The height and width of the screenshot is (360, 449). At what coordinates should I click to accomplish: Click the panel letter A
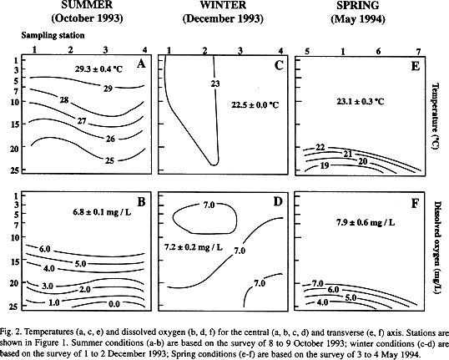pos(141,64)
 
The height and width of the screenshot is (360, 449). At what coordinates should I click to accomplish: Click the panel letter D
pos(278,202)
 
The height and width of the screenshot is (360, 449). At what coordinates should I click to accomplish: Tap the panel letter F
pos(415,204)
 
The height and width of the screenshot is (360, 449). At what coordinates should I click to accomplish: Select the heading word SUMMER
pos(87,5)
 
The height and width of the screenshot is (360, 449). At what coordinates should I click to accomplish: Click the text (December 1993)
pos(223,19)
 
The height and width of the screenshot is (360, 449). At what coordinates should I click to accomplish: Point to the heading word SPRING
pos(358,6)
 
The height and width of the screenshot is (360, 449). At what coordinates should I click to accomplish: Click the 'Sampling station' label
pos(53,35)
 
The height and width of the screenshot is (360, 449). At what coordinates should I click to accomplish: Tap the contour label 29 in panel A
pos(108,89)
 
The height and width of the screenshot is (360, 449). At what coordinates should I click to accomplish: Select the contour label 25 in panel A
pos(109,160)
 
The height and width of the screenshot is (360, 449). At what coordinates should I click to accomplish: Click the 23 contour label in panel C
pos(215,84)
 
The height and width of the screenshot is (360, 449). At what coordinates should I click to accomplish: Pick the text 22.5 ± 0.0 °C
pos(255,105)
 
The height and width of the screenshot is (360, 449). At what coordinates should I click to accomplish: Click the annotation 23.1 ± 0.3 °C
pos(361,101)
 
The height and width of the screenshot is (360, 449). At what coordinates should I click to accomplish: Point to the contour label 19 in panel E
pos(324,165)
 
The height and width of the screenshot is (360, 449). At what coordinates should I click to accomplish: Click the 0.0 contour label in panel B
pos(114,304)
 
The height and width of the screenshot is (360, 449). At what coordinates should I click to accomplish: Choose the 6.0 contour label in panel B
pos(44,249)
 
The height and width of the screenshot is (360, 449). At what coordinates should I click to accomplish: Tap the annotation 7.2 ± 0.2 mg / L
pos(194,246)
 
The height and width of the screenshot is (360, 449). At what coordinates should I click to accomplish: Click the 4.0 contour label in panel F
pos(322,302)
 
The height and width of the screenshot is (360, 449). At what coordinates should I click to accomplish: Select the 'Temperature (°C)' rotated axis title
pos(436,117)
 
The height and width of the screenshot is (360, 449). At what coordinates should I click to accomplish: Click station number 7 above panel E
pos(418,52)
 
